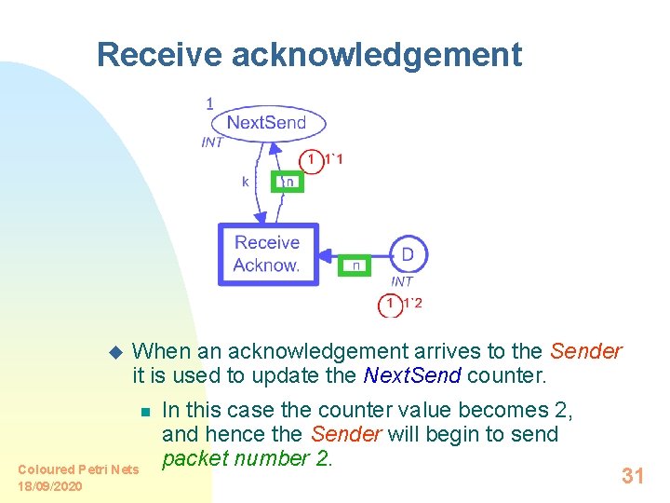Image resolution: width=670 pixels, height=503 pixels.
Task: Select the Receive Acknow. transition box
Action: tap(268, 254)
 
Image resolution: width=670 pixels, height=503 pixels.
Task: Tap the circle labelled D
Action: tap(407, 254)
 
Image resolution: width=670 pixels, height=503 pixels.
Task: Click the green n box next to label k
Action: tap(287, 182)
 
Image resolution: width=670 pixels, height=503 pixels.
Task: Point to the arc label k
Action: tap(246, 182)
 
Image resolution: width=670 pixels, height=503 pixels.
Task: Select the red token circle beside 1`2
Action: tap(391, 304)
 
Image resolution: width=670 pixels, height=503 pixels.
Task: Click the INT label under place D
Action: tap(402, 281)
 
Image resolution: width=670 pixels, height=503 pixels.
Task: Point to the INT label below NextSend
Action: tap(212, 143)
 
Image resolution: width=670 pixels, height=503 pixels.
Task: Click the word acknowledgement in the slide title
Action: tap(376, 55)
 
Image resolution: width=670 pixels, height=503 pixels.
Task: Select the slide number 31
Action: tap(633, 476)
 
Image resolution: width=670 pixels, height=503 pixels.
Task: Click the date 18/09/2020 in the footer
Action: tap(50, 486)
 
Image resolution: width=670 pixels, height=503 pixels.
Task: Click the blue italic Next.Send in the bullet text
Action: tap(409, 376)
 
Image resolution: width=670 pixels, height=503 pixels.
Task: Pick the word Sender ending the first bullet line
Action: tap(585, 351)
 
